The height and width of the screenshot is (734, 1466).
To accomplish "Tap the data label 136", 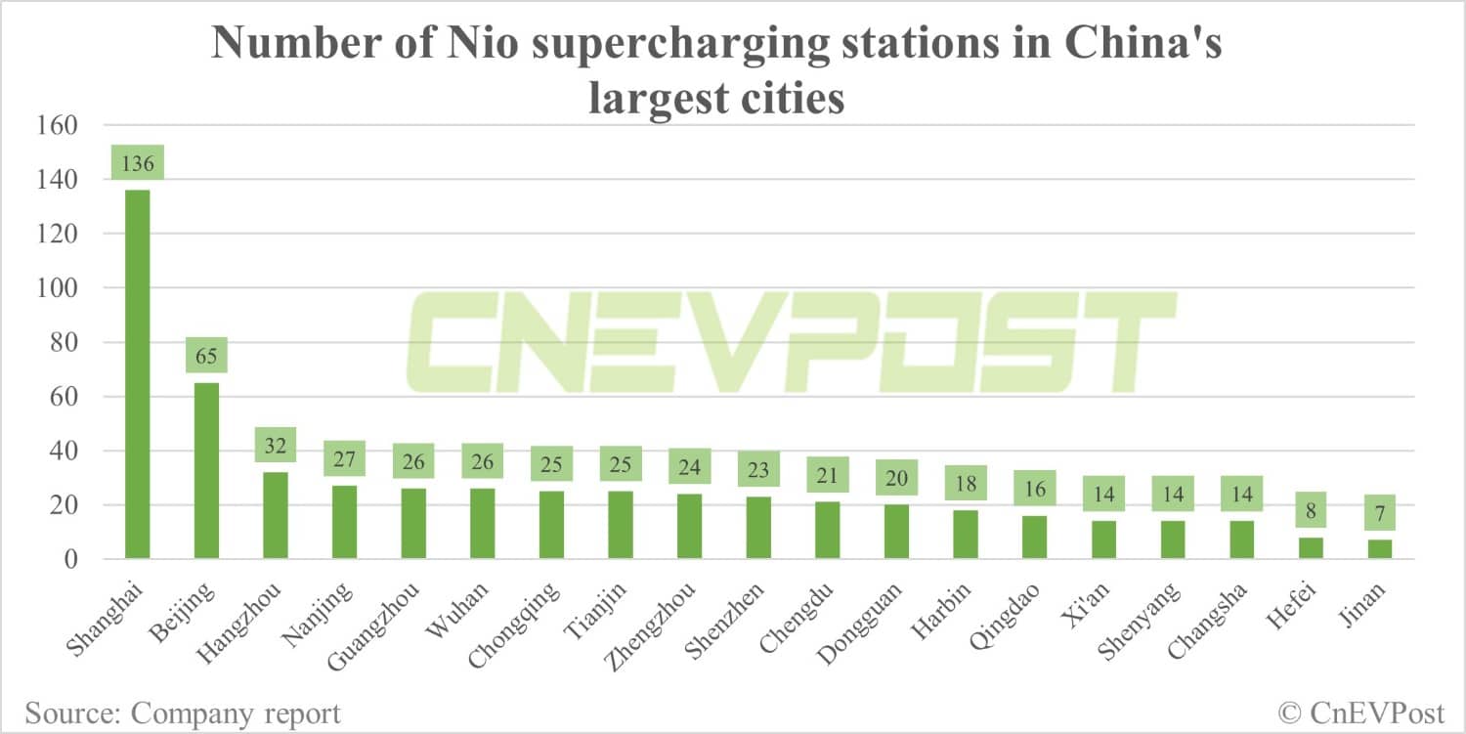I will pyautogui.click(x=138, y=163).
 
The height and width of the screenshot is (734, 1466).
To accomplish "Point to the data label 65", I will pyautogui.click(x=206, y=356).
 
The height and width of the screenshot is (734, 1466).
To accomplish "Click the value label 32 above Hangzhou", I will pyautogui.click(x=275, y=446).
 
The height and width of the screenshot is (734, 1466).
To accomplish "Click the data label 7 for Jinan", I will pyautogui.click(x=1380, y=513).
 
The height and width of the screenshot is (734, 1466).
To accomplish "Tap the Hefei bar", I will pyautogui.click(x=1311, y=548).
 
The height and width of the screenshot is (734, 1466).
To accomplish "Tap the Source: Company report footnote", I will pyautogui.click(x=183, y=713).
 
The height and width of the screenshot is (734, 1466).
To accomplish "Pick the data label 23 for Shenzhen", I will pyautogui.click(x=757, y=470).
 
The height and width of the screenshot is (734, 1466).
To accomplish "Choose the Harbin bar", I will pyautogui.click(x=965, y=534).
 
